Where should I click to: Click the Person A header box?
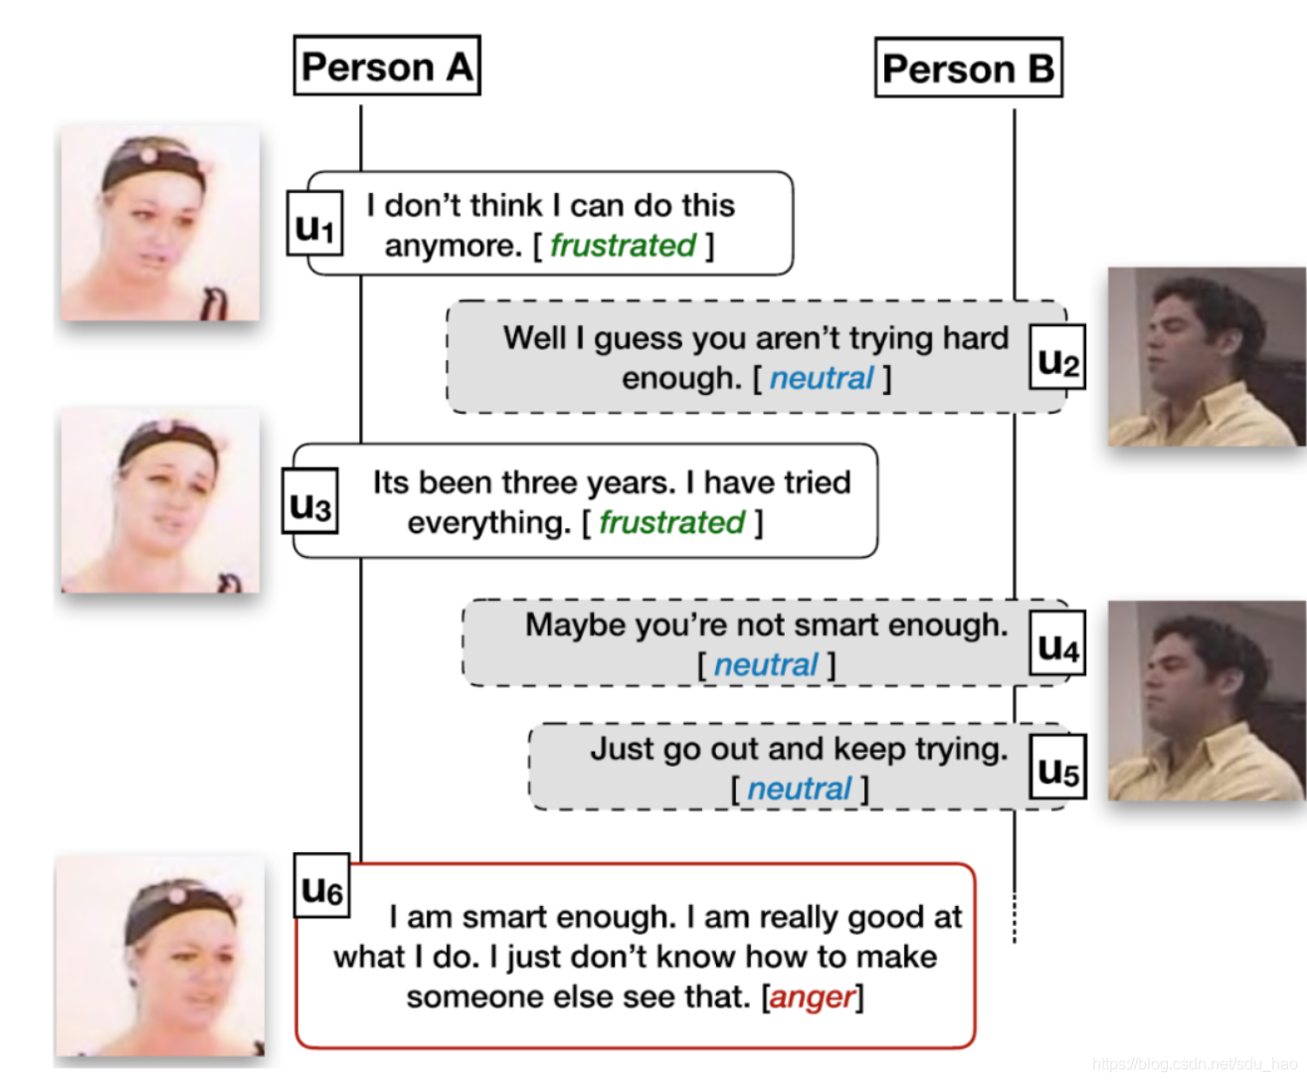click(x=387, y=66)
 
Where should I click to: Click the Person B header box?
click(x=968, y=68)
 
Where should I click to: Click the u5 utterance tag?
click(x=1056, y=767)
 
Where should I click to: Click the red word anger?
click(x=812, y=996)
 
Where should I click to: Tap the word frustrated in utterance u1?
click(x=623, y=245)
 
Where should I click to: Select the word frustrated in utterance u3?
click(x=671, y=522)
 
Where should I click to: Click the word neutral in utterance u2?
click(x=822, y=378)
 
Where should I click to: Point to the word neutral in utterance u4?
click(x=766, y=664)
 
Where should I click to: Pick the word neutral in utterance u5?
click(x=799, y=789)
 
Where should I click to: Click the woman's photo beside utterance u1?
click(x=160, y=223)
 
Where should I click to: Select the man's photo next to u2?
click(x=1207, y=356)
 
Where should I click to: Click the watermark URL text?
click(x=1193, y=1064)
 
